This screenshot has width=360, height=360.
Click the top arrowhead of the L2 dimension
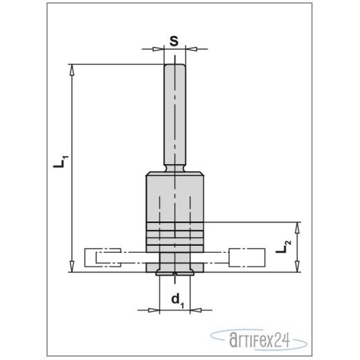(298, 226)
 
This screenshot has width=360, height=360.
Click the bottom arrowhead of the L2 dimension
(298, 269)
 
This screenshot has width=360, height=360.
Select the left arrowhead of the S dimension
(159, 49)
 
